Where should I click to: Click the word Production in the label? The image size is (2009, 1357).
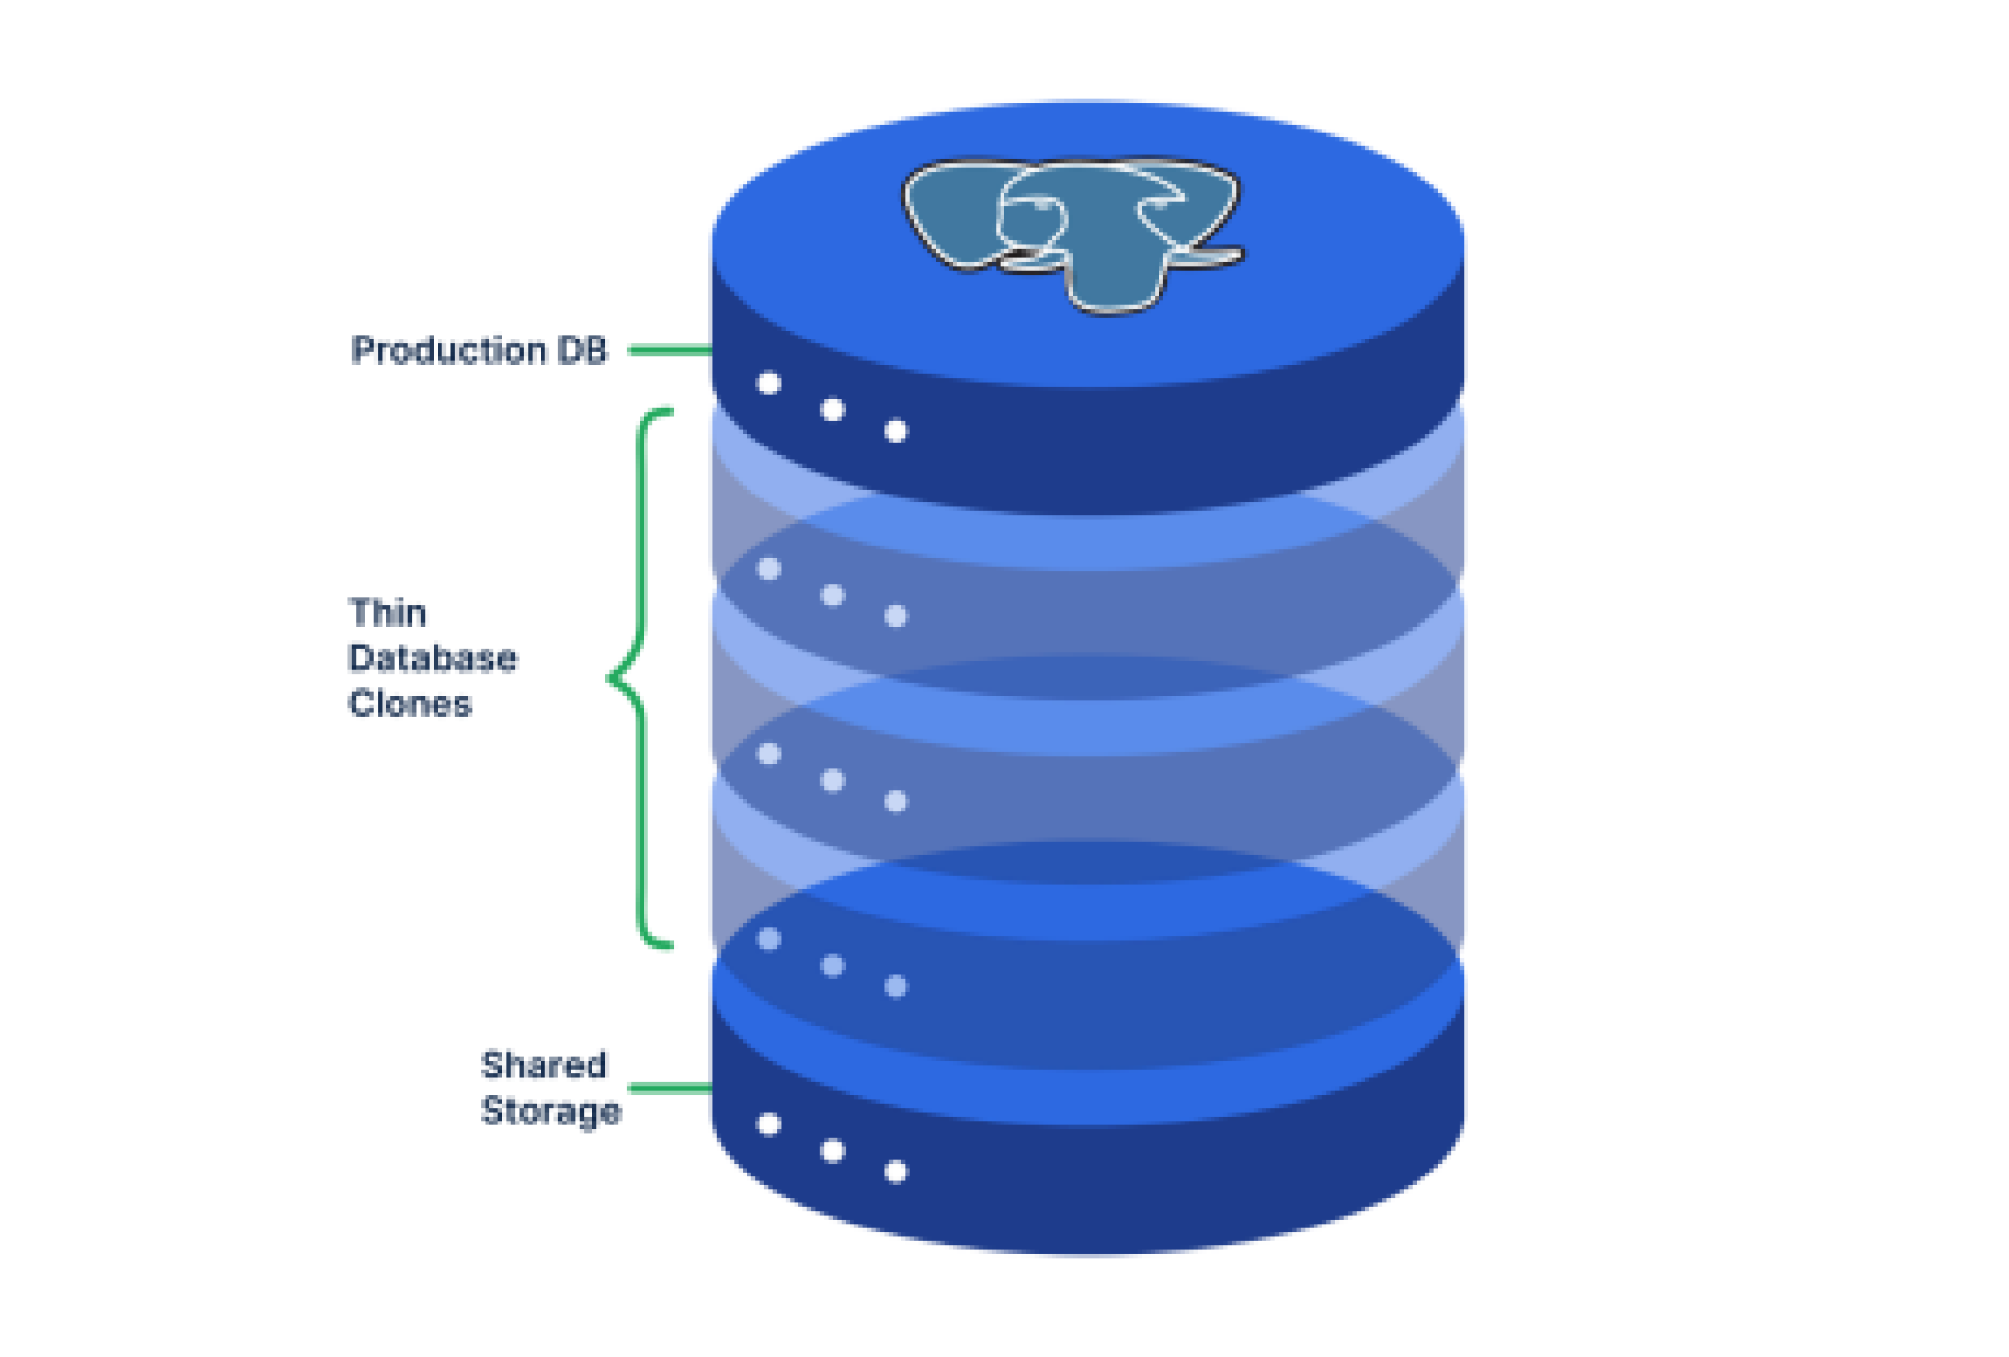coord(447,350)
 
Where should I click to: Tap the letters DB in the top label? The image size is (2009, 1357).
coord(583,350)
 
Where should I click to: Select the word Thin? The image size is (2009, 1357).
coord(387,613)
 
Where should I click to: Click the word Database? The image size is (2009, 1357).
coord(433,658)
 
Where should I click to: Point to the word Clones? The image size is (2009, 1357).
coord(410,704)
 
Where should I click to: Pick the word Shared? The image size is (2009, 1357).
coord(543,1065)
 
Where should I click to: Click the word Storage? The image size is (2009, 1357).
coord(550,1111)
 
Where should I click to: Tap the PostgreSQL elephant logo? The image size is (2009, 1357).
coord(1073,232)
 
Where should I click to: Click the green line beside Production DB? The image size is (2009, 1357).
coord(669,350)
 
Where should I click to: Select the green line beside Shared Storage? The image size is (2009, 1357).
coord(669,1087)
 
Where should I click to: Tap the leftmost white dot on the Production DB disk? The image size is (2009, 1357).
coord(769,384)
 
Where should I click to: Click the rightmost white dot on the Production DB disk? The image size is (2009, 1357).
coord(896,431)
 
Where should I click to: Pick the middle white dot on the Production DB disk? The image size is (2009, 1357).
coord(832,409)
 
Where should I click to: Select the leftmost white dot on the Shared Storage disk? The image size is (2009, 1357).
coord(769,1124)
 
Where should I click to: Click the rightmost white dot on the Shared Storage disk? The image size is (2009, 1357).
coord(896,1172)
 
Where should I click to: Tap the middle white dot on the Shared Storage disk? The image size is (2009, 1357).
coord(832,1150)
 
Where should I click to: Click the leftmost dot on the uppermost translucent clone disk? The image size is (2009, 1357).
coord(769,569)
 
